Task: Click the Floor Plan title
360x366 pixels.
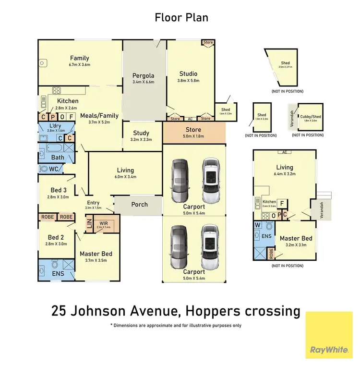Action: (181, 18)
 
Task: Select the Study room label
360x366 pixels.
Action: (141, 133)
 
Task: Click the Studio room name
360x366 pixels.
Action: (188, 73)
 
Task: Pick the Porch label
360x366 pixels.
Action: (140, 204)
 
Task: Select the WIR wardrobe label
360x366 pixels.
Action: (104, 222)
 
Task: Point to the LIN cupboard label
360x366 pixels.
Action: (89, 224)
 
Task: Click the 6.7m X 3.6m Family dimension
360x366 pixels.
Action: (80, 65)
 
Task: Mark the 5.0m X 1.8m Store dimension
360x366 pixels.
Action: (193, 137)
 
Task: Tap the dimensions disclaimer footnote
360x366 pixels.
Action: (176, 326)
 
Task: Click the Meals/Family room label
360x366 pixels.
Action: (99, 115)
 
